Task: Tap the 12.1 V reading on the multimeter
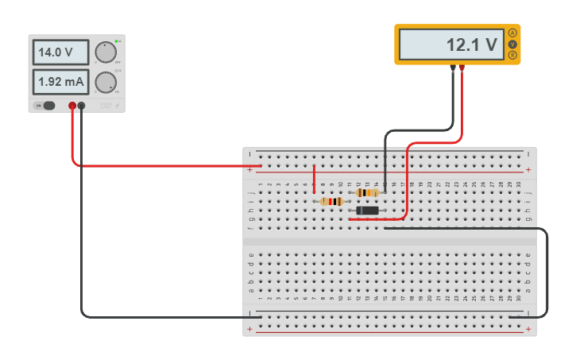click(450, 45)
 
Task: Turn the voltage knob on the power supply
click(105, 52)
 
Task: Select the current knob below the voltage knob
click(105, 82)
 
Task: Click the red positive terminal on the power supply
click(72, 106)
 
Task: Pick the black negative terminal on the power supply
click(81, 106)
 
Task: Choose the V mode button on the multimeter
click(512, 44)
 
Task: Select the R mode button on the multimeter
click(512, 55)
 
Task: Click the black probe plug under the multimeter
click(453, 69)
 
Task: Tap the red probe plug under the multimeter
click(462, 69)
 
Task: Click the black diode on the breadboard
click(367, 211)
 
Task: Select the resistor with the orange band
click(367, 192)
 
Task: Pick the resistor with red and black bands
click(332, 202)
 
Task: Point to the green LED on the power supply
click(117, 41)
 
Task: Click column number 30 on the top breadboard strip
click(519, 184)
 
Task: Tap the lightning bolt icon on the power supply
click(118, 106)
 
